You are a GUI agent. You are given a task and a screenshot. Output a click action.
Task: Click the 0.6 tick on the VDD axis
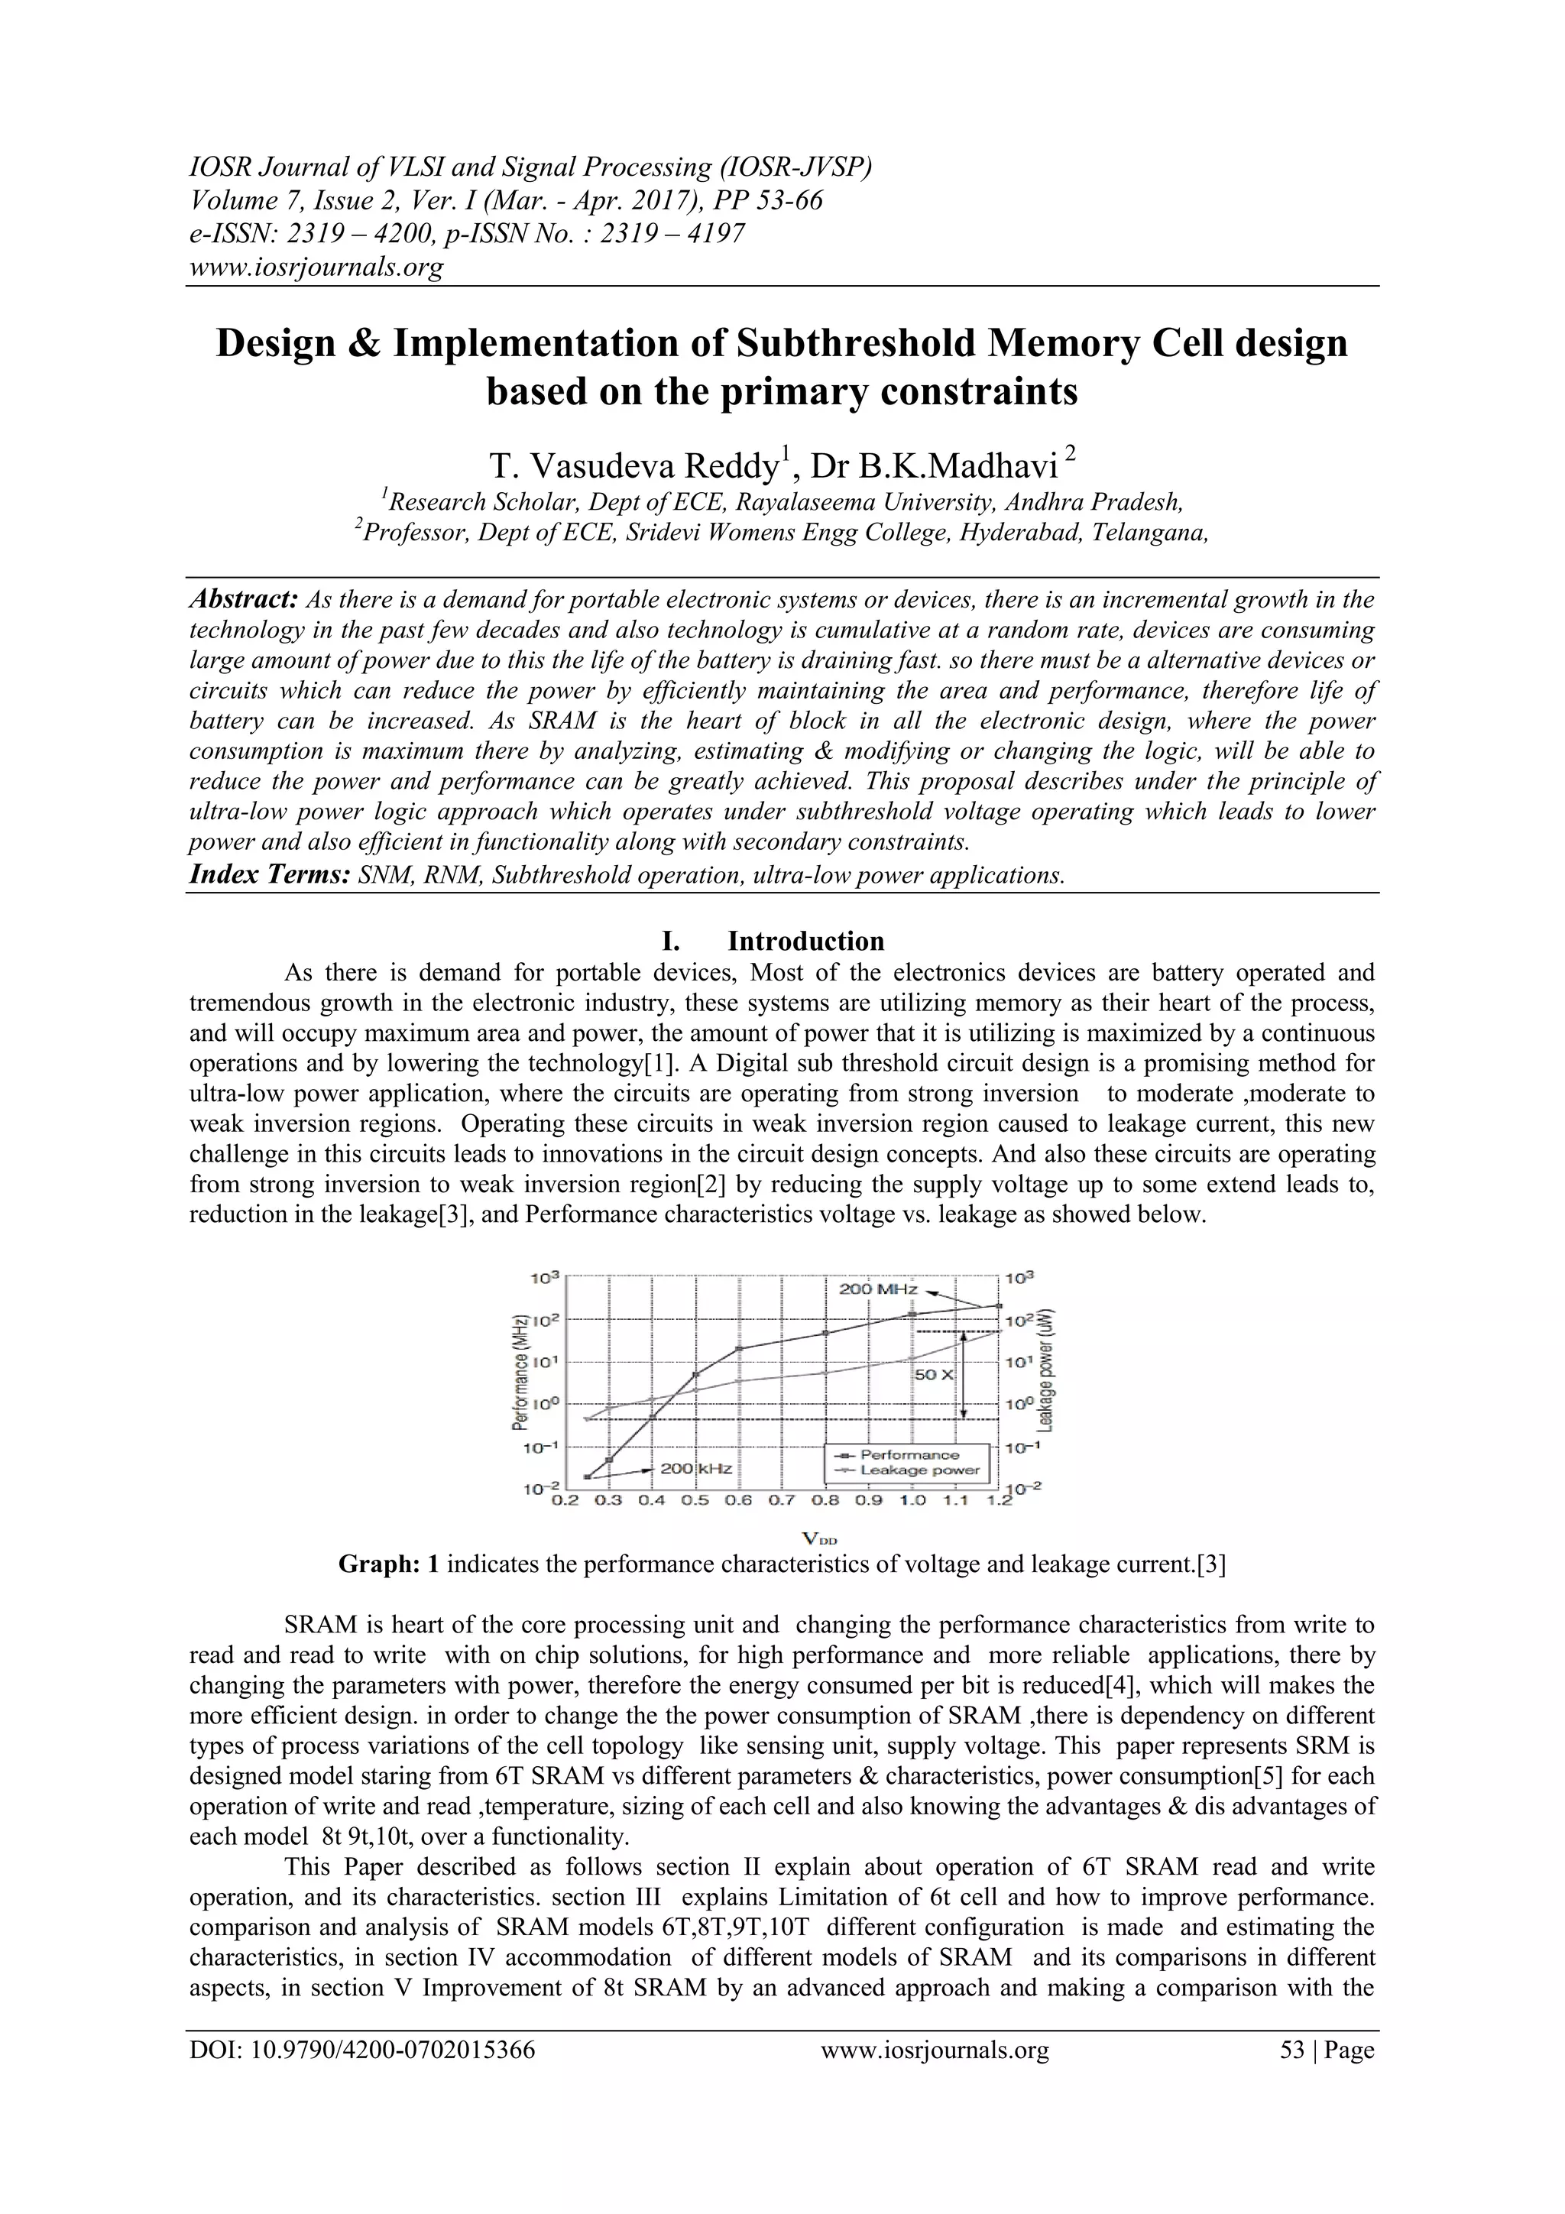click(x=739, y=1500)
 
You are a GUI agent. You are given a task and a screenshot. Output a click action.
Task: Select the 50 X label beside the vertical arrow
click(x=932, y=1374)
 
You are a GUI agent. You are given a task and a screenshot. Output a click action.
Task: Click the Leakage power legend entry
click(x=919, y=1470)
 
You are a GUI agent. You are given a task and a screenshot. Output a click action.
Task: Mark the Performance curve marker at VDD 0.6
click(x=739, y=1349)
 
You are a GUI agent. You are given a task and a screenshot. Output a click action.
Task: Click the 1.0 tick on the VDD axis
click(x=912, y=1500)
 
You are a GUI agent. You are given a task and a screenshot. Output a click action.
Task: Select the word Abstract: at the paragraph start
click(x=243, y=600)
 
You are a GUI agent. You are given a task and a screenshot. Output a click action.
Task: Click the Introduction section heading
click(x=805, y=941)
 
